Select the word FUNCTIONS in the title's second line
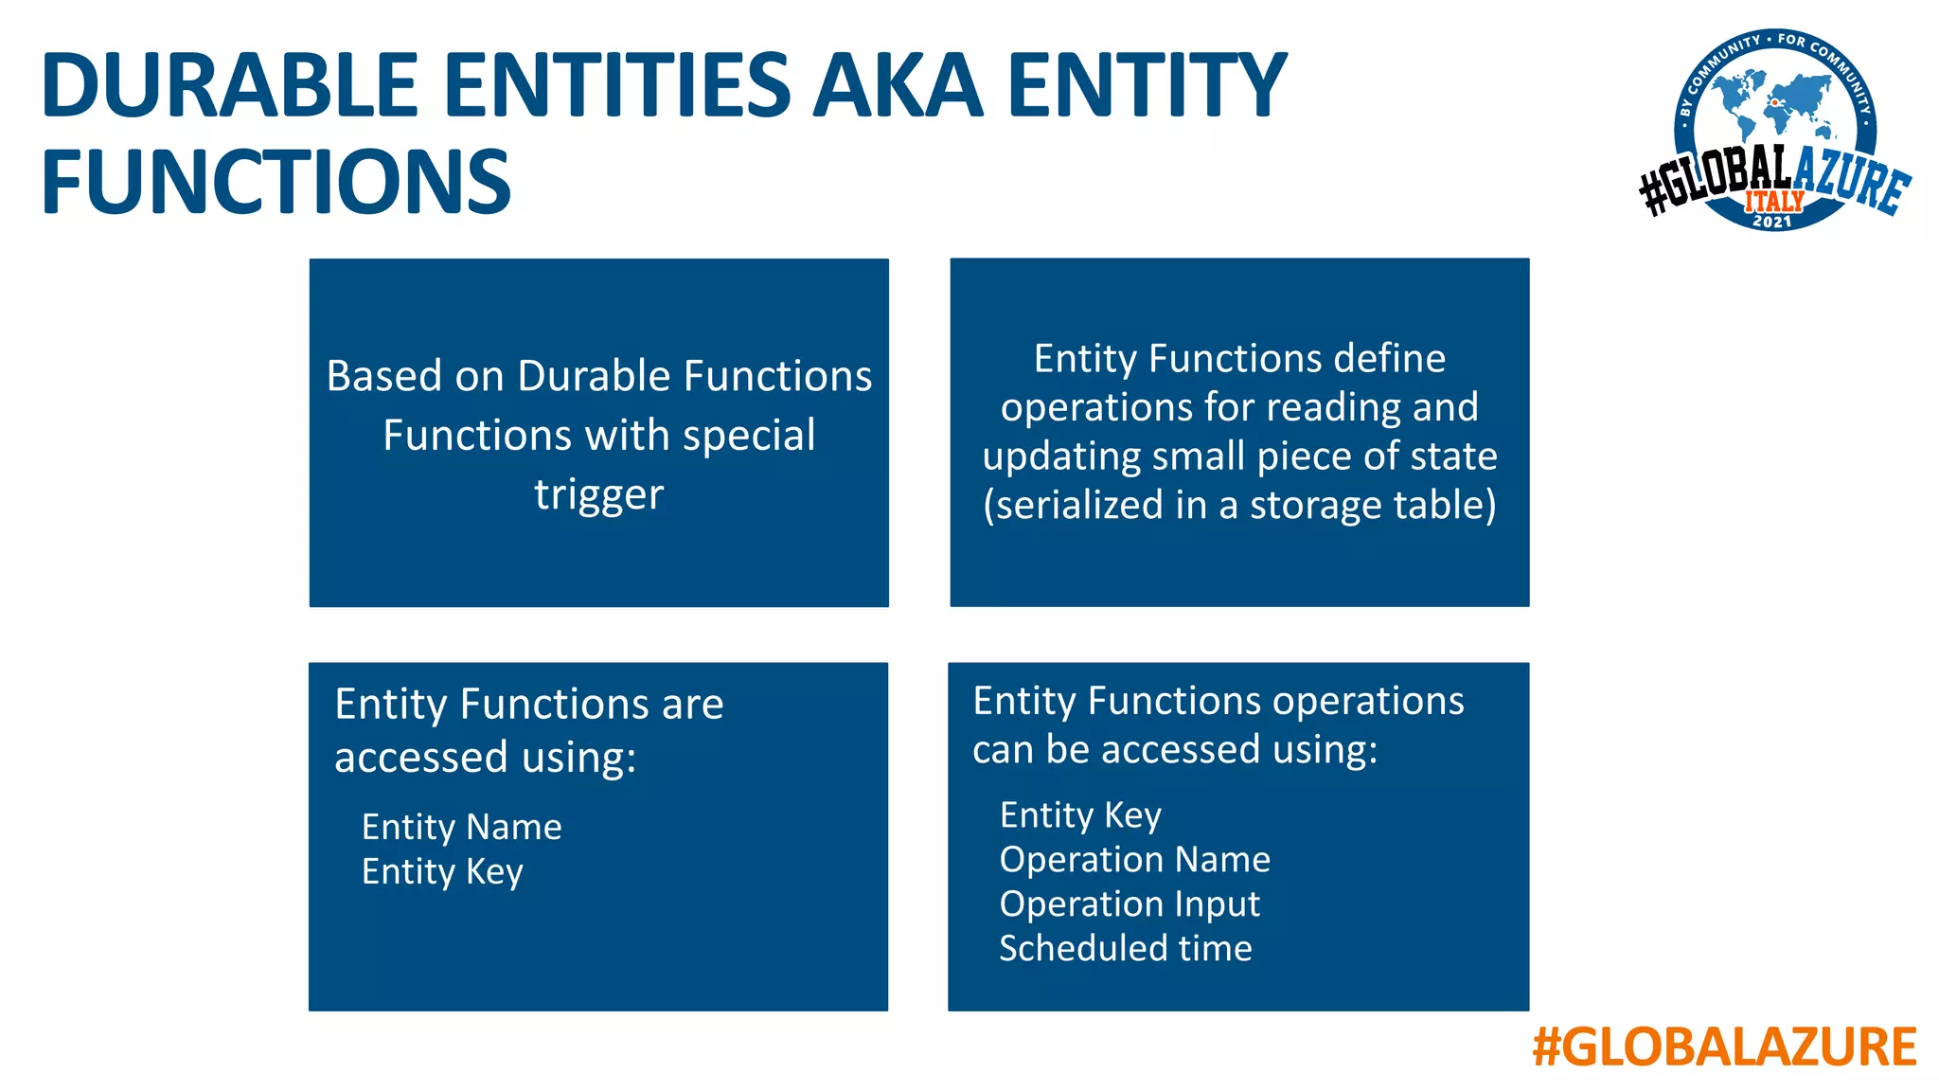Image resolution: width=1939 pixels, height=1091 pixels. click(x=276, y=182)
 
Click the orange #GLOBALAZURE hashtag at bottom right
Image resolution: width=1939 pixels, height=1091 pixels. click(x=1724, y=1047)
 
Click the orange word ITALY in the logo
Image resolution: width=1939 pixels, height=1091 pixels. click(x=1774, y=201)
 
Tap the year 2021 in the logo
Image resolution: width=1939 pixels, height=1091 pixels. click(x=1772, y=222)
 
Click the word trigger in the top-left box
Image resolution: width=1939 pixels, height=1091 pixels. click(x=598, y=494)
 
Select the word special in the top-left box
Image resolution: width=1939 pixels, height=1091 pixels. click(x=749, y=436)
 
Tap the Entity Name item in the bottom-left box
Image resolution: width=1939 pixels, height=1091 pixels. click(x=461, y=827)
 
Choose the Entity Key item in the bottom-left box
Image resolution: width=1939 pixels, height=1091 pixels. click(x=442, y=871)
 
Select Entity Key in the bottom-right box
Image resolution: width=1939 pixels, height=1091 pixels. click(x=1080, y=815)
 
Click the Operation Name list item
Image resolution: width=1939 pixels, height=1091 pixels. click(x=1134, y=859)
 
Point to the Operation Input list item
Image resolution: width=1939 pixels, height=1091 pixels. click(x=1130, y=903)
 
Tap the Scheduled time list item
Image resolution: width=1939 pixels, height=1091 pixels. click(x=1126, y=948)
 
